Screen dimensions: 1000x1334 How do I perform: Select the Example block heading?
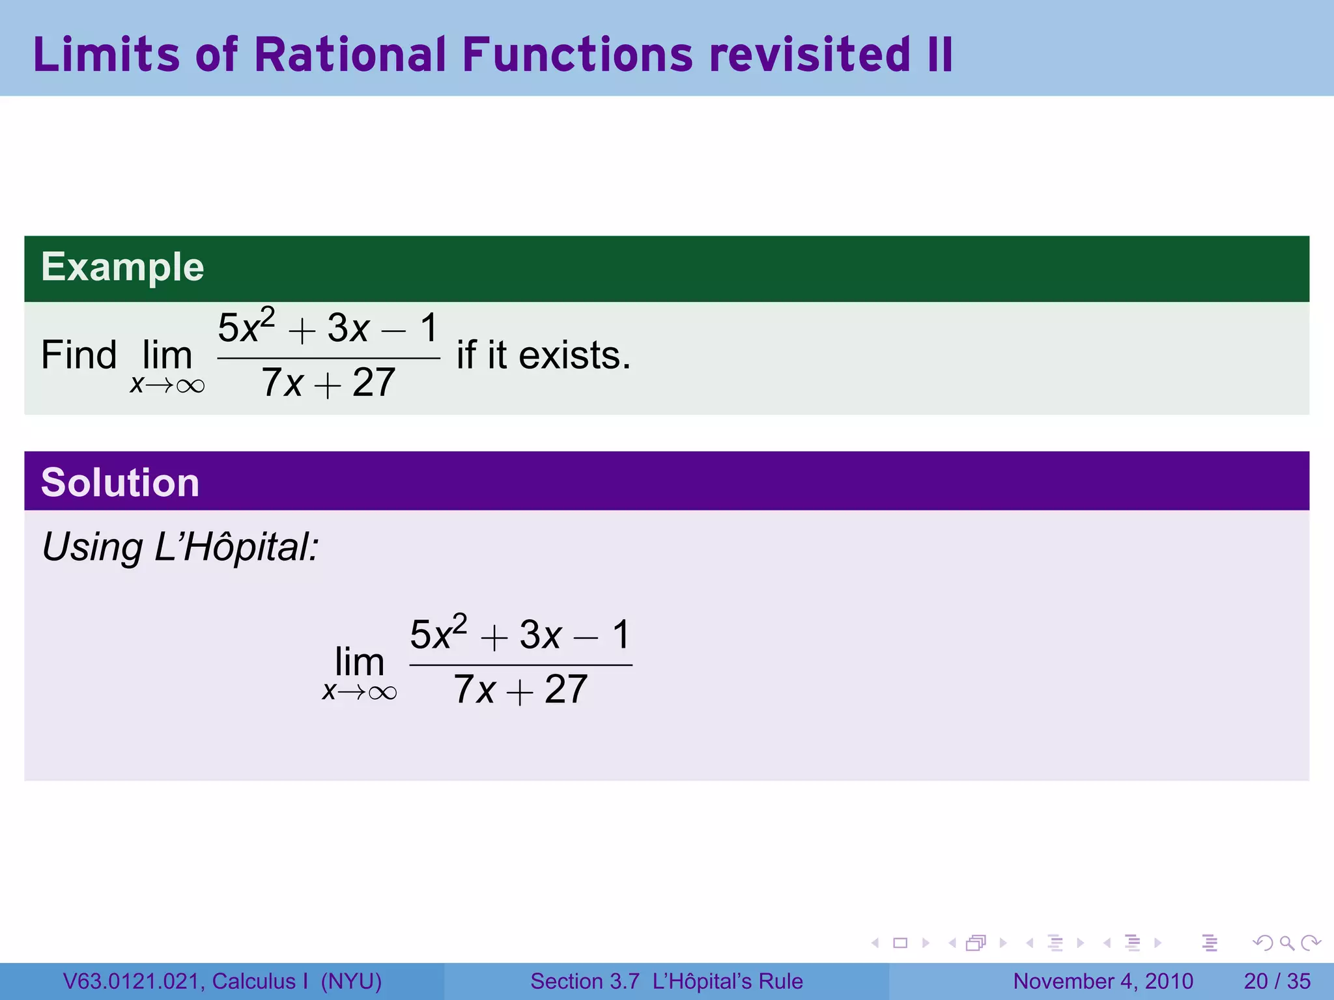tap(122, 267)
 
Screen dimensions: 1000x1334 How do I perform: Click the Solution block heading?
tap(120, 482)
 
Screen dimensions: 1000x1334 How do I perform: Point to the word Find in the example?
tap(79, 355)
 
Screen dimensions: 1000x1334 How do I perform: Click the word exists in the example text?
tap(574, 355)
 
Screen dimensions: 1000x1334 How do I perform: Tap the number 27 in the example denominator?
tap(374, 383)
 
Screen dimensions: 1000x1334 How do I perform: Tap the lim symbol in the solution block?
tap(359, 662)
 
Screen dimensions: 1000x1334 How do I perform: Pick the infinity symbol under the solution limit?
tap(382, 693)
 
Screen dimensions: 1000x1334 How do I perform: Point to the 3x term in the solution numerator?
tap(540, 635)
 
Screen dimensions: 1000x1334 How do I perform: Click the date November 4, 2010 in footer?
tap(1103, 981)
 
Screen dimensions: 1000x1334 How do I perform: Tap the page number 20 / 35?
tap(1277, 981)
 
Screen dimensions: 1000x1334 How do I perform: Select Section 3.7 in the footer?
tap(584, 981)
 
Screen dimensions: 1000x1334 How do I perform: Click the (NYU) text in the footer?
tap(351, 981)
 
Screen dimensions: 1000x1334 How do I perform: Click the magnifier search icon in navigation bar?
tap(1286, 943)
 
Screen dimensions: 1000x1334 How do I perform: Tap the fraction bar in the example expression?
tap(328, 358)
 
